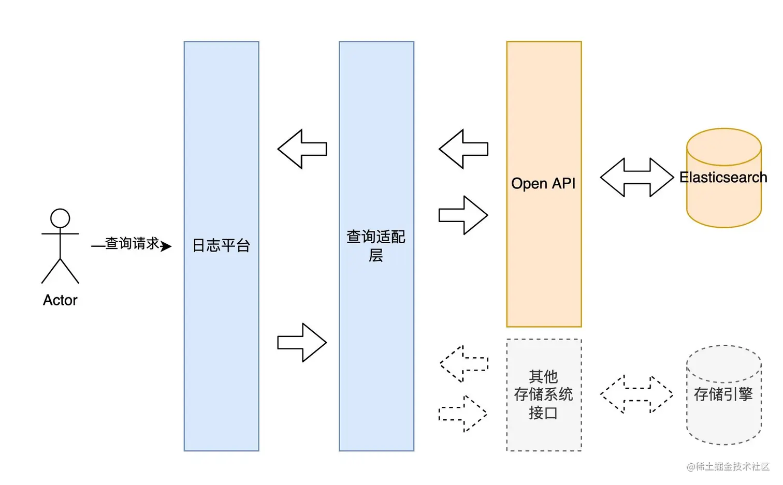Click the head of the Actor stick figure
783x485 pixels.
pos(60,218)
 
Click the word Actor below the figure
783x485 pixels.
pos(60,300)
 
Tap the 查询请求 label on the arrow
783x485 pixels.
pos(132,243)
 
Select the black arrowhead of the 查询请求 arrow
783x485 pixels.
pos(166,246)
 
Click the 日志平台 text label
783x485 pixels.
pos(221,245)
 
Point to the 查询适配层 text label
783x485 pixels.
pos(376,246)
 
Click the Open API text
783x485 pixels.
pos(543,184)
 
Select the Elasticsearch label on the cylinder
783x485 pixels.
pos(723,178)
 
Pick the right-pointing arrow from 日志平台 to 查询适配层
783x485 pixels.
pos(302,343)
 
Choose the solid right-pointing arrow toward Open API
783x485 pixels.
pos(463,215)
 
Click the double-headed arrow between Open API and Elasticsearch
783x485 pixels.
pos(636,178)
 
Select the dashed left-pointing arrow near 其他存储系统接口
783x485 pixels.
pos(463,364)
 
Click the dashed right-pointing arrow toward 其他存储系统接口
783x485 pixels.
pos(463,414)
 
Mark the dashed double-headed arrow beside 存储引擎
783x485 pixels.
pos(636,394)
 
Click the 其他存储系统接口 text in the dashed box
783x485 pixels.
pos(543,394)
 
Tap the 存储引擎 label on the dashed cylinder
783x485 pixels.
pos(723,394)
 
